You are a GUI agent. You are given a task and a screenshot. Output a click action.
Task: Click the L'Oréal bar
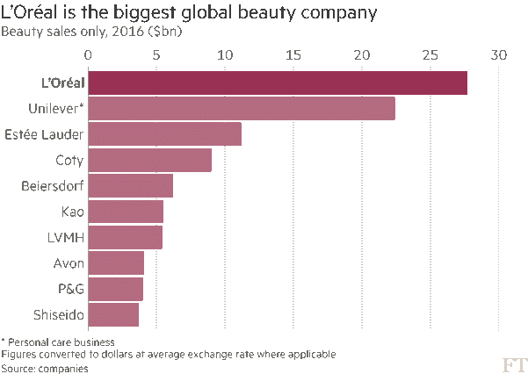(x=278, y=83)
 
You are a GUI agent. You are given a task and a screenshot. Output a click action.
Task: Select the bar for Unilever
(x=242, y=109)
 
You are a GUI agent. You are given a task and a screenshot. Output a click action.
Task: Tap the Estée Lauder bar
(x=164, y=134)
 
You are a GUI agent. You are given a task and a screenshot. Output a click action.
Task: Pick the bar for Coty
(x=149, y=161)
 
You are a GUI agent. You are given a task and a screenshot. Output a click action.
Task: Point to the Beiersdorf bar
(x=130, y=186)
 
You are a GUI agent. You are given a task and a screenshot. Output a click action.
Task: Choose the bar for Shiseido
(x=113, y=315)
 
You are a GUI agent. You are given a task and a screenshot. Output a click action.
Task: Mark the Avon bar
(x=116, y=263)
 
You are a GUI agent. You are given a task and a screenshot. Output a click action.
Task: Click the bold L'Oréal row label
(x=54, y=83)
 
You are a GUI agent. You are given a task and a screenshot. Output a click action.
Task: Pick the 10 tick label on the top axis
(x=225, y=55)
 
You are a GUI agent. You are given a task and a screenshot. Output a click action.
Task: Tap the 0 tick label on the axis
(x=88, y=55)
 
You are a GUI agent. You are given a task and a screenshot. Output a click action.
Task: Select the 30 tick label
(x=499, y=55)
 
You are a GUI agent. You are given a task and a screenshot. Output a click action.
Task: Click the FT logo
(x=514, y=363)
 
